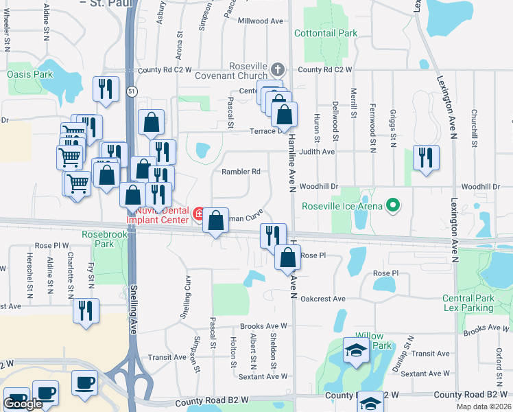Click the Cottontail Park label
326,33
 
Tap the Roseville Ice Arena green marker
393,205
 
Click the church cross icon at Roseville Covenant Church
277,69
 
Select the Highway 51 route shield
130,91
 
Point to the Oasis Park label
29,74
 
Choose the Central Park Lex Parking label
477,303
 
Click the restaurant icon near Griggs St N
425,157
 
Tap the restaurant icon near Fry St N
86,310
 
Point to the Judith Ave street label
317,152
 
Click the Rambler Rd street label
241,172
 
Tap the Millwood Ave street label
260,21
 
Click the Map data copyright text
484,407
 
